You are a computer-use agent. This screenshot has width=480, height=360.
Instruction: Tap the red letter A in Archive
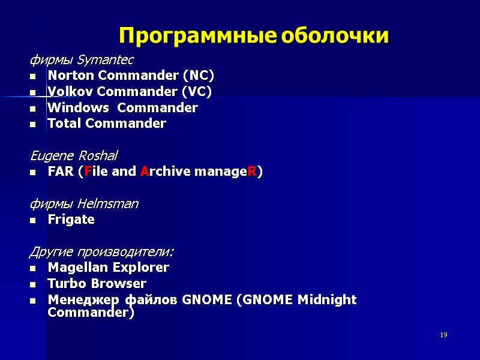coord(145,172)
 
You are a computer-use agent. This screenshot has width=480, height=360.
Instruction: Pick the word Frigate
coord(71,220)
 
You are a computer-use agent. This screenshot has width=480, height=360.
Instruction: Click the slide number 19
coord(443,335)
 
